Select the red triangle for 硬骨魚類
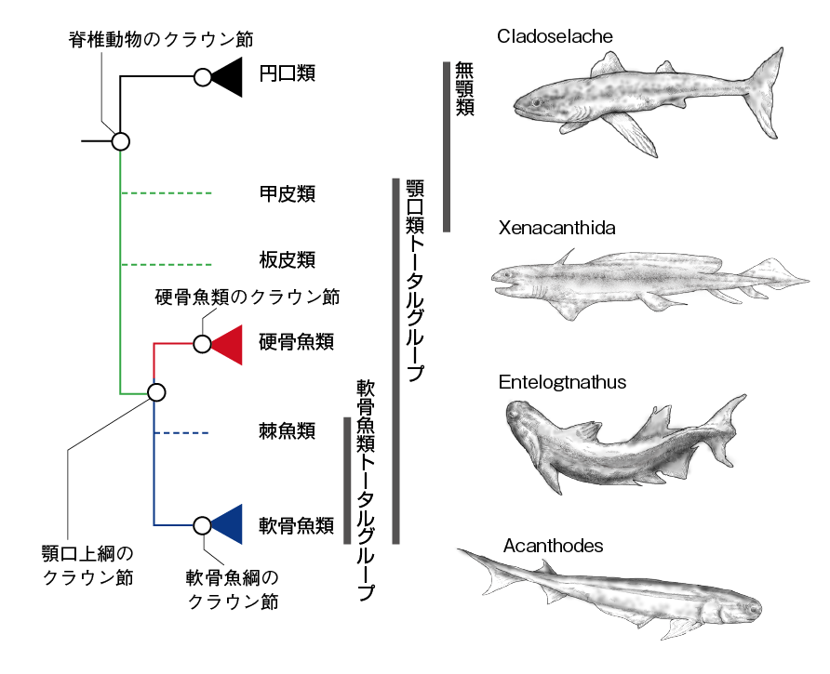tap(229, 343)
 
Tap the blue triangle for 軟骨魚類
tap(229, 525)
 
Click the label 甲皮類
tap(287, 193)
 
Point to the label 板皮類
tap(287, 258)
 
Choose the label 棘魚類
tap(287, 431)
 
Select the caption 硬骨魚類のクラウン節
tap(247, 297)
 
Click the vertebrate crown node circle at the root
tap(120, 141)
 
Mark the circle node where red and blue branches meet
tap(156, 392)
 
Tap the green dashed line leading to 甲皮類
tap(167, 193)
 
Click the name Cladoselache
tap(555, 37)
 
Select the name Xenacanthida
tap(556, 228)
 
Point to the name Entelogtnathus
tap(562, 382)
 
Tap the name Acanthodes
tap(553, 546)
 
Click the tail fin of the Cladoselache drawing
tap(768, 88)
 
